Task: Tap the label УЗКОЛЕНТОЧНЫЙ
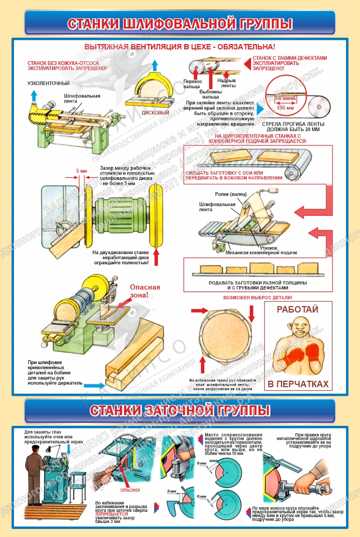pos(49,83)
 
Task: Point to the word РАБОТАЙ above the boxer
pos(297,310)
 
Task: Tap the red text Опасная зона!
pos(145,291)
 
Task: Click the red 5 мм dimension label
pos(81,171)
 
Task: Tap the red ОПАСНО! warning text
pos(130,490)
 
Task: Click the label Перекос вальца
pos(192,84)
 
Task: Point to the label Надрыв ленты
pos(227,83)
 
